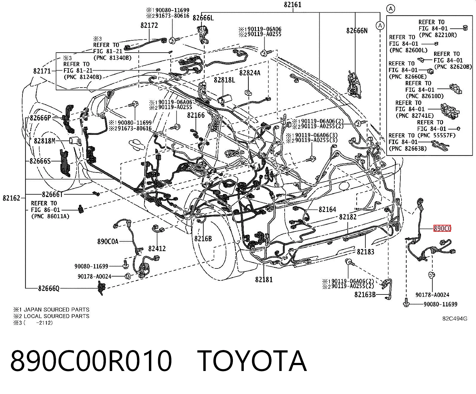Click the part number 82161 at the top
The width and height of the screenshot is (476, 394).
pyautogui.click(x=292, y=4)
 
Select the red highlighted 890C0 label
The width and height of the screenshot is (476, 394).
pyautogui.click(x=442, y=228)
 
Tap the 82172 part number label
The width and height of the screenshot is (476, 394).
pyautogui.click(x=149, y=25)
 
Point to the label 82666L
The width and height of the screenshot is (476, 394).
pyautogui.click(x=203, y=18)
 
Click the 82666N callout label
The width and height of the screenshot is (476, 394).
pyautogui.click(x=357, y=30)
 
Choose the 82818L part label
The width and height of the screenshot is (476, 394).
pyautogui.click(x=224, y=80)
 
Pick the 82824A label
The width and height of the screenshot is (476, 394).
pyautogui.click(x=250, y=73)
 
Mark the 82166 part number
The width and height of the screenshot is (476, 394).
pyautogui.click(x=196, y=115)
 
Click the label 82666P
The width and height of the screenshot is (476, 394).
pyautogui.click(x=40, y=118)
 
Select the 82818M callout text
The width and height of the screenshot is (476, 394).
pyautogui.click(x=45, y=141)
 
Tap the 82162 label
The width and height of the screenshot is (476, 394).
pyautogui.click(x=11, y=198)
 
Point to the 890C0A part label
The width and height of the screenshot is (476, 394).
pyautogui.click(x=108, y=241)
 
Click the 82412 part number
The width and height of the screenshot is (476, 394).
pyautogui.click(x=157, y=248)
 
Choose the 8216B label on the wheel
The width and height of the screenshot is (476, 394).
pyautogui.click(x=203, y=239)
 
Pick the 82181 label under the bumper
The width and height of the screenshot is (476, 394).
pyautogui.click(x=264, y=279)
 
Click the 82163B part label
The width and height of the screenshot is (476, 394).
pyautogui.click(x=365, y=294)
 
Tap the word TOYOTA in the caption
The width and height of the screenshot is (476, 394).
pyautogui.click(x=252, y=361)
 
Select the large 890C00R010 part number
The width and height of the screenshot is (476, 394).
pyautogui.click(x=91, y=361)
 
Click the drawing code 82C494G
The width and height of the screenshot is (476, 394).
pyautogui.click(x=455, y=319)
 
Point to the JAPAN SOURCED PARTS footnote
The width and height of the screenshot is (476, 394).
pyautogui.click(x=57, y=309)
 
